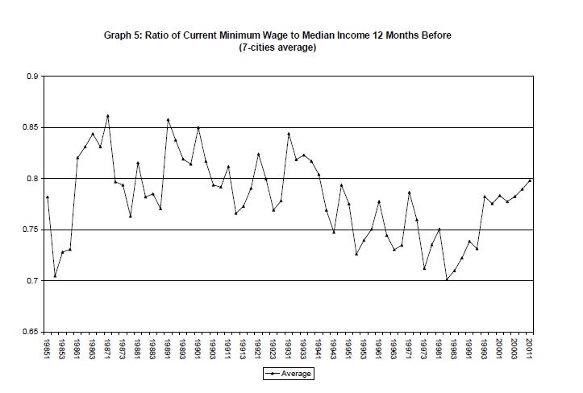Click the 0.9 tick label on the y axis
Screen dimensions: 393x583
[x=32, y=77]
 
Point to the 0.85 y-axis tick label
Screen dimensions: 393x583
[x=30, y=127]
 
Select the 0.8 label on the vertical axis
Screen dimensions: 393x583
[x=32, y=179]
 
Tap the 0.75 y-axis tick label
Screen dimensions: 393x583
[x=30, y=230]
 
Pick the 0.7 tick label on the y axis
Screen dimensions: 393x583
[x=32, y=281]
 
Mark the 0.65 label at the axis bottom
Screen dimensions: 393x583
[x=30, y=332]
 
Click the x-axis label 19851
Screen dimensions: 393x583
[x=48, y=348]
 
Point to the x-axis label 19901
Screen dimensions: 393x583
[x=198, y=348]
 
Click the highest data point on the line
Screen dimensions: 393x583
[x=107, y=116]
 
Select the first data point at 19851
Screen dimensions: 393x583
[x=48, y=196]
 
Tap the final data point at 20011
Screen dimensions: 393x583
[x=530, y=180]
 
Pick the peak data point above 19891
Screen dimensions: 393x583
[x=168, y=120]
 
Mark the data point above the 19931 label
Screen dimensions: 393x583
[x=289, y=134]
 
